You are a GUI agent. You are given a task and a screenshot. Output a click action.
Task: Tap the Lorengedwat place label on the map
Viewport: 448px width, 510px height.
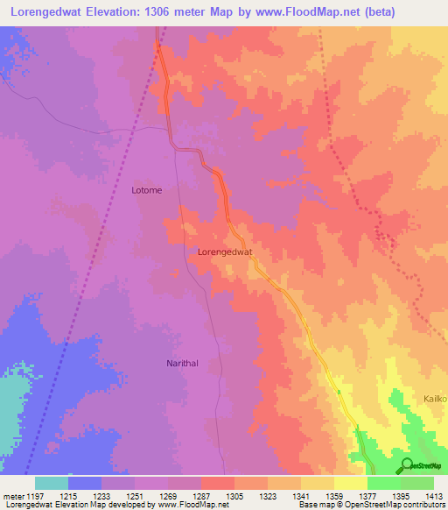pyautogui.click(x=225, y=251)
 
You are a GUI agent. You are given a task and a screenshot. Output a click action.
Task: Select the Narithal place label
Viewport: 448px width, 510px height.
pyautogui.click(x=185, y=362)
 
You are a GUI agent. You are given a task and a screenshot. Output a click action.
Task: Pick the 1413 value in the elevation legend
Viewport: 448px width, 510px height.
pyautogui.click(x=433, y=495)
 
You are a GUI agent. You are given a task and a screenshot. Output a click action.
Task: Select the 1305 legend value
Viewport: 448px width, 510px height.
pyautogui.click(x=234, y=495)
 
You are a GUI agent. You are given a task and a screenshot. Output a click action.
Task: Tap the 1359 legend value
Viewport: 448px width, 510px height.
pyautogui.click(x=333, y=495)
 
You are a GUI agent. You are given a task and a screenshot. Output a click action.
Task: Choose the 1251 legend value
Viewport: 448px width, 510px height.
pyautogui.click(x=135, y=495)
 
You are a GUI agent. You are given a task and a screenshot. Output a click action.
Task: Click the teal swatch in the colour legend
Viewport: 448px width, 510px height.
pyautogui.click(x=52, y=483)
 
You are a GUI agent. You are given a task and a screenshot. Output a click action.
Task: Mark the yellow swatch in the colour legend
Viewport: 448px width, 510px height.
pyautogui.click(x=350, y=483)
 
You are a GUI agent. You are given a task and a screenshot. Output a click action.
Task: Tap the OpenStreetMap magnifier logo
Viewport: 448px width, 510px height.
pyautogui.click(x=406, y=464)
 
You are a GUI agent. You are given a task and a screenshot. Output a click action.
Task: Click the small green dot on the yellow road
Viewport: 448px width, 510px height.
pyautogui.click(x=339, y=392)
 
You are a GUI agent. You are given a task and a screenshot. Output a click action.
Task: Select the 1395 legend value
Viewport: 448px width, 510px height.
pyautogui.click(x=400, y=495)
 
